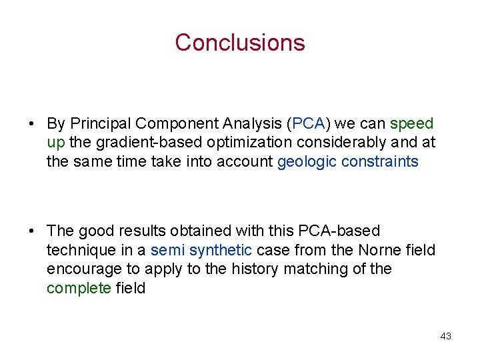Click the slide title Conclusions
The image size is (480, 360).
[239, 42]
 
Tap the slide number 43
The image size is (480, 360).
[445, 336]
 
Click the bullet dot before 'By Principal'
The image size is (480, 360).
[32, 124]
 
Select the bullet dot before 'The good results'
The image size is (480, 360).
[32, 231]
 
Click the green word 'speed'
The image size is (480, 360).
[411, 124]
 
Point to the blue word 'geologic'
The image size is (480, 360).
[306, 162]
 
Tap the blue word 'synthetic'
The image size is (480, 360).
[221, 250]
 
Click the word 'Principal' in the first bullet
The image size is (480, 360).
[100, 124]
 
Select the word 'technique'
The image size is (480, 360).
[79, 250]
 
